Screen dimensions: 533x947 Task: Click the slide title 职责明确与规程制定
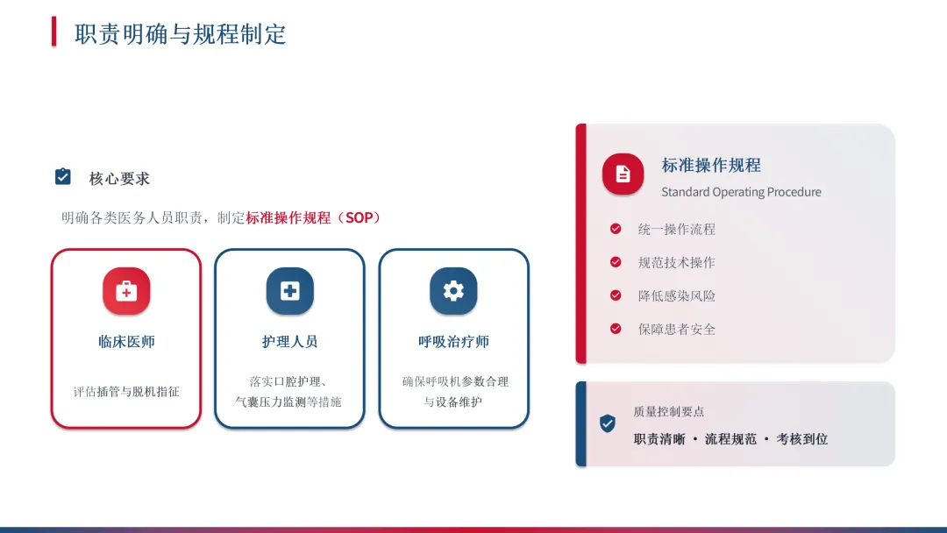pos(181,34)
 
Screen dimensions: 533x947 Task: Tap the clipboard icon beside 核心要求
pos(63,177)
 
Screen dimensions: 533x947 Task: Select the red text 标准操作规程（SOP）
pos(313,217)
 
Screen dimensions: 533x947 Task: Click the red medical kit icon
pos(126,291)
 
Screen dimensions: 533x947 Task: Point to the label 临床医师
pos(126,342)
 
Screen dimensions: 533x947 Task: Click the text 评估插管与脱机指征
pos(126,392)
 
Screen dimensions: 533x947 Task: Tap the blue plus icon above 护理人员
pos(290,291)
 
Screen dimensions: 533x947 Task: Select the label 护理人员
pos(290,342)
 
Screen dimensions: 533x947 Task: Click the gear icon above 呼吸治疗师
pos(453,291)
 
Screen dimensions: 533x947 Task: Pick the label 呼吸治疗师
pos(453,342)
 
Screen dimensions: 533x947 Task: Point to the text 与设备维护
pos(453,402)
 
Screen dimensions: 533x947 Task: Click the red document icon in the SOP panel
pos(623,174)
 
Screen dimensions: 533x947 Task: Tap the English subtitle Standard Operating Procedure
pos(741,192)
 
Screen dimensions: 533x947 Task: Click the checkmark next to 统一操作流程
pos(616,229)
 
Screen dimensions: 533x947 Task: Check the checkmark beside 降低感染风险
pos(616,295)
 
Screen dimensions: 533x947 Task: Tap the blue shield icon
pos(607,423)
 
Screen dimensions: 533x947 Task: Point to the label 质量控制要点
pos(668,411)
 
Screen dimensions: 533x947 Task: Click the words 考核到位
pos(801,439)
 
